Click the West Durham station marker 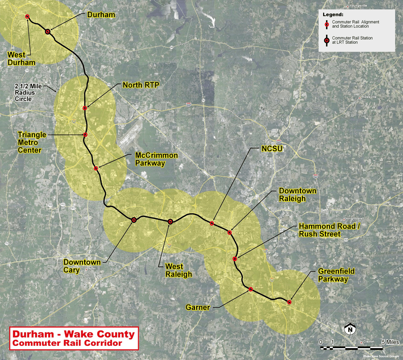[27, 17]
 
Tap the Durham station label [101, 15]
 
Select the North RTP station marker [85, 108]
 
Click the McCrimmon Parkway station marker [96, 168]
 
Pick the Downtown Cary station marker [134, 219]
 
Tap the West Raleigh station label [174, 270]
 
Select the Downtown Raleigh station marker [230, 232]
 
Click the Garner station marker [251, 289]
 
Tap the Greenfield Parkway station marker [289, 302]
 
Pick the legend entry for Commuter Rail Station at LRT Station [352, 40]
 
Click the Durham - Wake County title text [74, 334]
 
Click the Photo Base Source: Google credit [381, 356]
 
